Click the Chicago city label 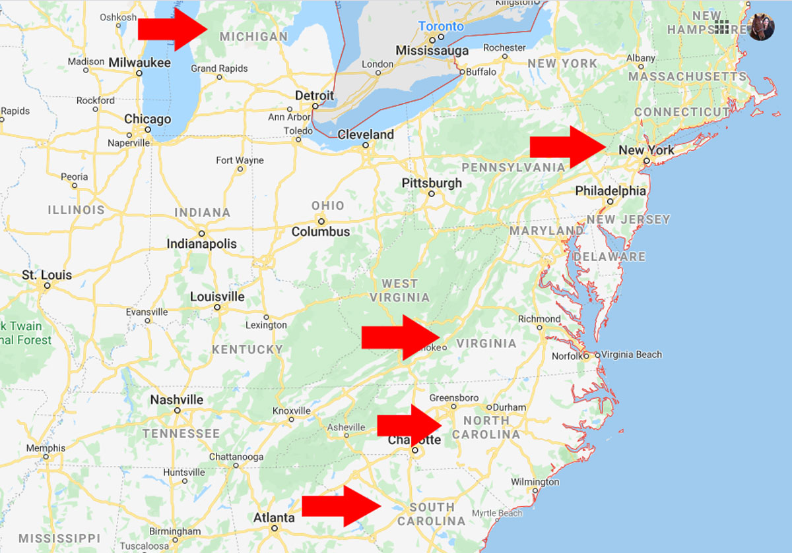(148, 119)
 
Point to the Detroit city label (314, 96)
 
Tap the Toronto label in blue (441, 26)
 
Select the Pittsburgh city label (432, 183)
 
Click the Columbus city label (321, 232)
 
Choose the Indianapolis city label (201, 244)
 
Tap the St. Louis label (46, 275)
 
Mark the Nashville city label (177, 399)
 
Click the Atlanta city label (274, 518)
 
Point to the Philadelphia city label (610, 190)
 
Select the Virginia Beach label (631, 355)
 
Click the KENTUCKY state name (247, 349)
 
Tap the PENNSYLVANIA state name (513, 167)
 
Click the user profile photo (760, 27)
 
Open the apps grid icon (722, 27)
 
